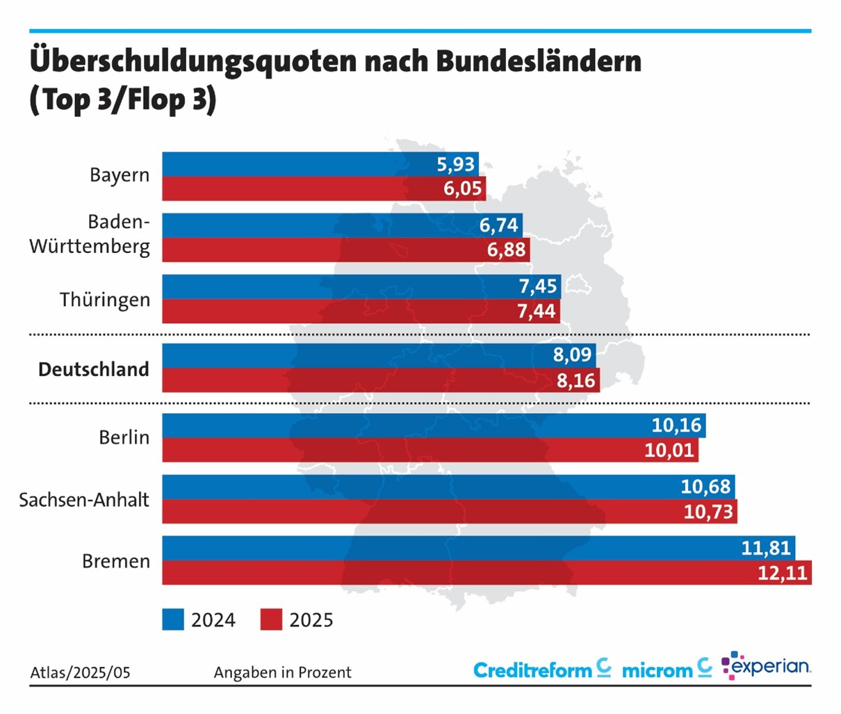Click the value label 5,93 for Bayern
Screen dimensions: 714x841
[x=455, y=164]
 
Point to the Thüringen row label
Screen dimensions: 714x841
[x=105, y=300]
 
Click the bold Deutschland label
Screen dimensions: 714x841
[x=94, y=369]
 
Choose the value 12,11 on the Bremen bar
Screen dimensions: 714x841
[x=783, y=574]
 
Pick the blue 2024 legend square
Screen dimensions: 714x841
[x=173, y=619]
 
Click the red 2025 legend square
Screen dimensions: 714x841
[x=271, y=619]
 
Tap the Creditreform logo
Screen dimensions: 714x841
[x=542, y=670]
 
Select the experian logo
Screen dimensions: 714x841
[x=766, y=666]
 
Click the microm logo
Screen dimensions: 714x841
[x=667, y=670]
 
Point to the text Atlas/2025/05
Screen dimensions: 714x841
[x=80, y=672]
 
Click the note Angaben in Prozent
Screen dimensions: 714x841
[x=282, y=672]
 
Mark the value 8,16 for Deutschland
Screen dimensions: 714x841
[x=575, y=380]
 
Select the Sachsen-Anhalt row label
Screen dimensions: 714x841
[x=84, y=500]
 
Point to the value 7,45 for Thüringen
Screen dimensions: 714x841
[x=537, y=286]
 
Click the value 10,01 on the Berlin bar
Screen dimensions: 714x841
[x=669, y=450]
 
